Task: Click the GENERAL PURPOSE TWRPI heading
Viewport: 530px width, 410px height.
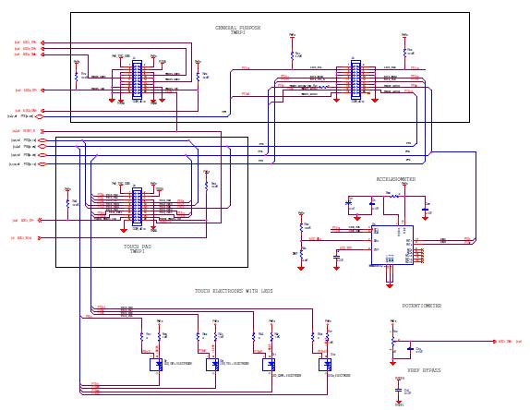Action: pyautogui.click(x=238, y=30)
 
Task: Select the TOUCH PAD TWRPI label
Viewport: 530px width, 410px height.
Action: pyautogui.click(x=137, y=249)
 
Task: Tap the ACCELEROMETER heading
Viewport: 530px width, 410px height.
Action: pyautogui.click(x=395, y=179)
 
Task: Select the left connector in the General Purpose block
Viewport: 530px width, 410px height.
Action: pyautogui.click(x=137, y=79)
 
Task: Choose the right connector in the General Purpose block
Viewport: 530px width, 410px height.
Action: pyautogui.click(x=355, y=79)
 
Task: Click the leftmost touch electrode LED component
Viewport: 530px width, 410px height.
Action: pyautogui.click(x=155, y=364)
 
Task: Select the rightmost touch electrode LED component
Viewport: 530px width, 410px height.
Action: pyautogui.click(x=324, y=364)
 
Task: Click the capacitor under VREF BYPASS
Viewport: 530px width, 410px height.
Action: pyautogui.click(x=400, y=391)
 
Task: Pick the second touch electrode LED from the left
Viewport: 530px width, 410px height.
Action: pyautogui.click(x=211, y=364)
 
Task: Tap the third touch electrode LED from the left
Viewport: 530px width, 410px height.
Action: pyautogui.click(x=268, y=364)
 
